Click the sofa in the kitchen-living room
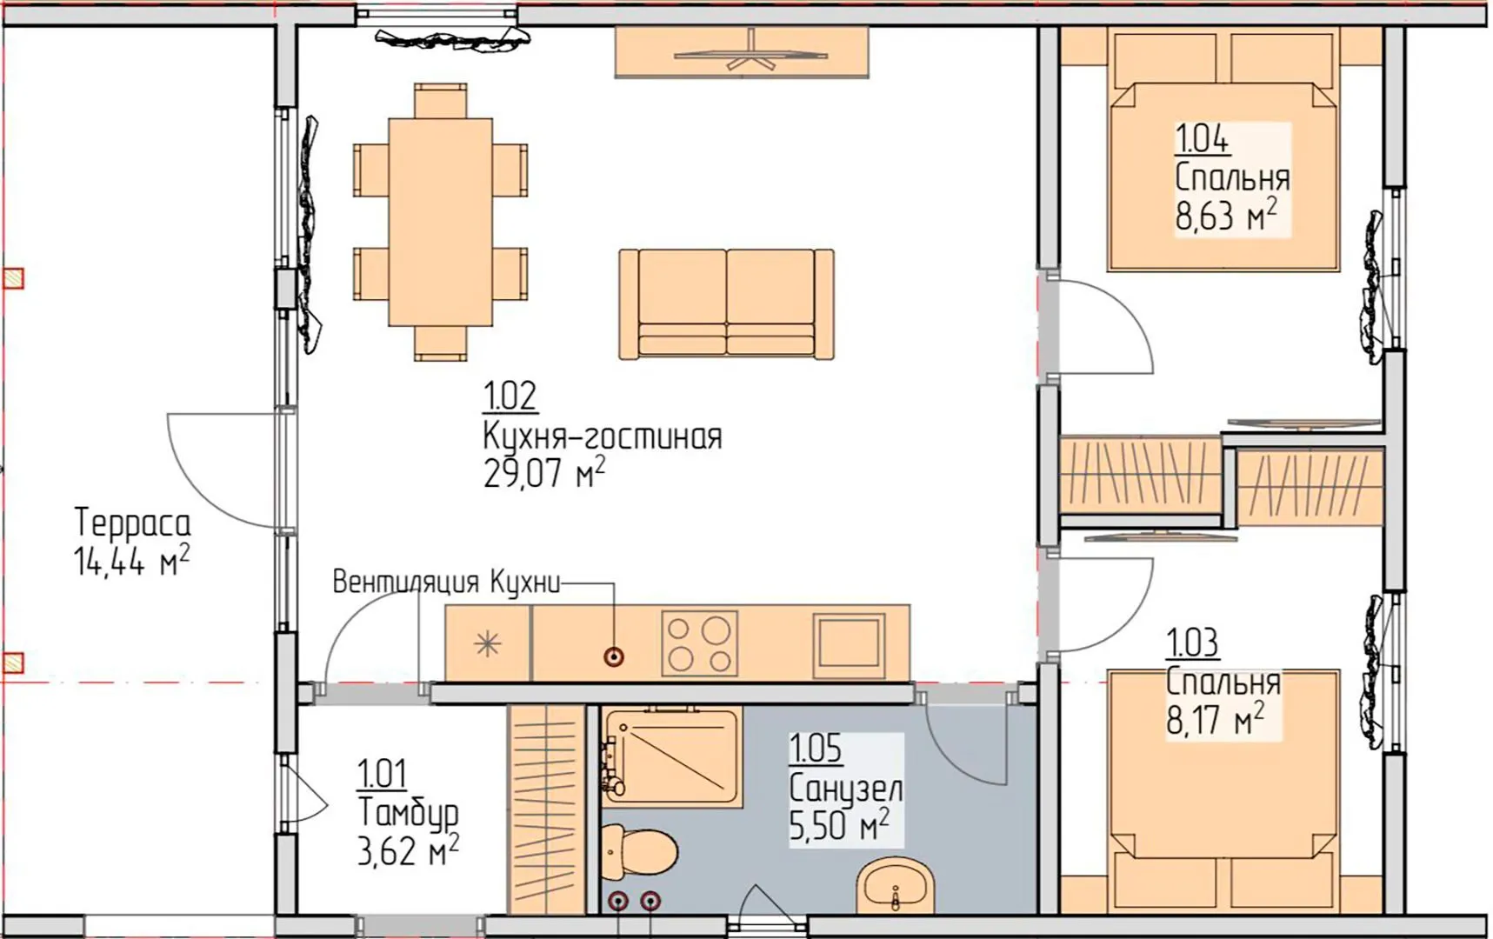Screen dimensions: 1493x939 tap(726, 303)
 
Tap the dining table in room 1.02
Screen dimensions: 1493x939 tap(440, 222)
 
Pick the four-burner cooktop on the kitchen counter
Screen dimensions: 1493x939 tap(699, 643)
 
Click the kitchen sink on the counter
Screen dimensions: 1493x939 tap(850, 644)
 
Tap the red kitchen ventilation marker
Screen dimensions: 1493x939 tap(614, 656)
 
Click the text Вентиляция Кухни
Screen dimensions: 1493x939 tap(446, 582)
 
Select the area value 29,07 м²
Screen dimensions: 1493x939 tap(543, 474)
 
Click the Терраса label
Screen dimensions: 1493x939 tap(132, 523)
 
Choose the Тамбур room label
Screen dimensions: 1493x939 tap(408, 814)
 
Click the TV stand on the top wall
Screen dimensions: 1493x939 tap(742, 52)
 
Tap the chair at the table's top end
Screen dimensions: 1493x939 tap(440, 101)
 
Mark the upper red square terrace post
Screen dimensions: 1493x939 tap(13, 278)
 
